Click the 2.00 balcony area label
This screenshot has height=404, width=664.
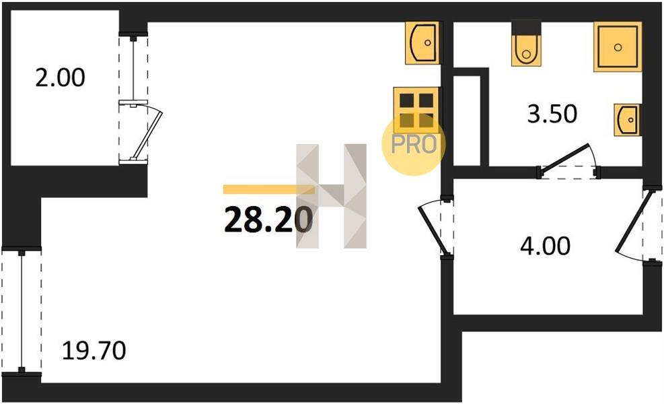pos(60,78)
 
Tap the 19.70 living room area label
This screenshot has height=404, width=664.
pos(94,351)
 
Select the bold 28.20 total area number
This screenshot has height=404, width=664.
pos(268,220)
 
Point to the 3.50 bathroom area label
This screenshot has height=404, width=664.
pos(552,114)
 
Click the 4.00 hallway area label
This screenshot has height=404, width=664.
pos(546,246)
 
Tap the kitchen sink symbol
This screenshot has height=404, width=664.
pos(422,43)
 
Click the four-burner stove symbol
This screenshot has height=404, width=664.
pos(416,109)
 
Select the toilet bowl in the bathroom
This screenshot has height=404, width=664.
pos(526,50)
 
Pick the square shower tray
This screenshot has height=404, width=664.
pos(618,46)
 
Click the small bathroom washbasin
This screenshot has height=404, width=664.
pos(627,120)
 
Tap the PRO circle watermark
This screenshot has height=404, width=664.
pos(414,144)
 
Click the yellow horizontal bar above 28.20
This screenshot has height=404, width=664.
pos(269,189)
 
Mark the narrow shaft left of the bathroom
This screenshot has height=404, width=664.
pos(467,121)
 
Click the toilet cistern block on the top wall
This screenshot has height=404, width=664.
pos(526,28)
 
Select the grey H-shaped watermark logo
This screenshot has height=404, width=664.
pos(331,196)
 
